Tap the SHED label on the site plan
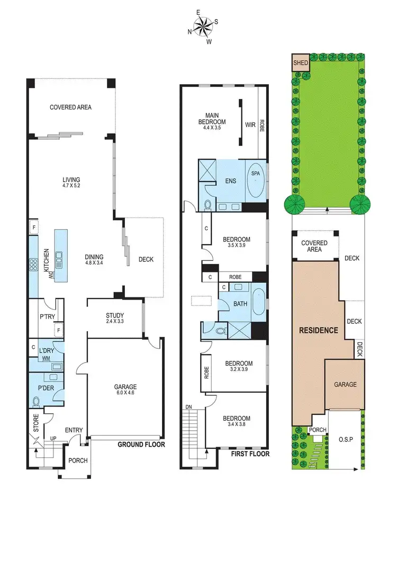301,62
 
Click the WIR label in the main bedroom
250,125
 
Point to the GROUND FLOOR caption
141,445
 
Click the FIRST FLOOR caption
251,454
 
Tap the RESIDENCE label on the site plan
319,330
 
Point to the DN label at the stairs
188,407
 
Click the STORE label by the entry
37,427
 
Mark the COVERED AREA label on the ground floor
70,107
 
